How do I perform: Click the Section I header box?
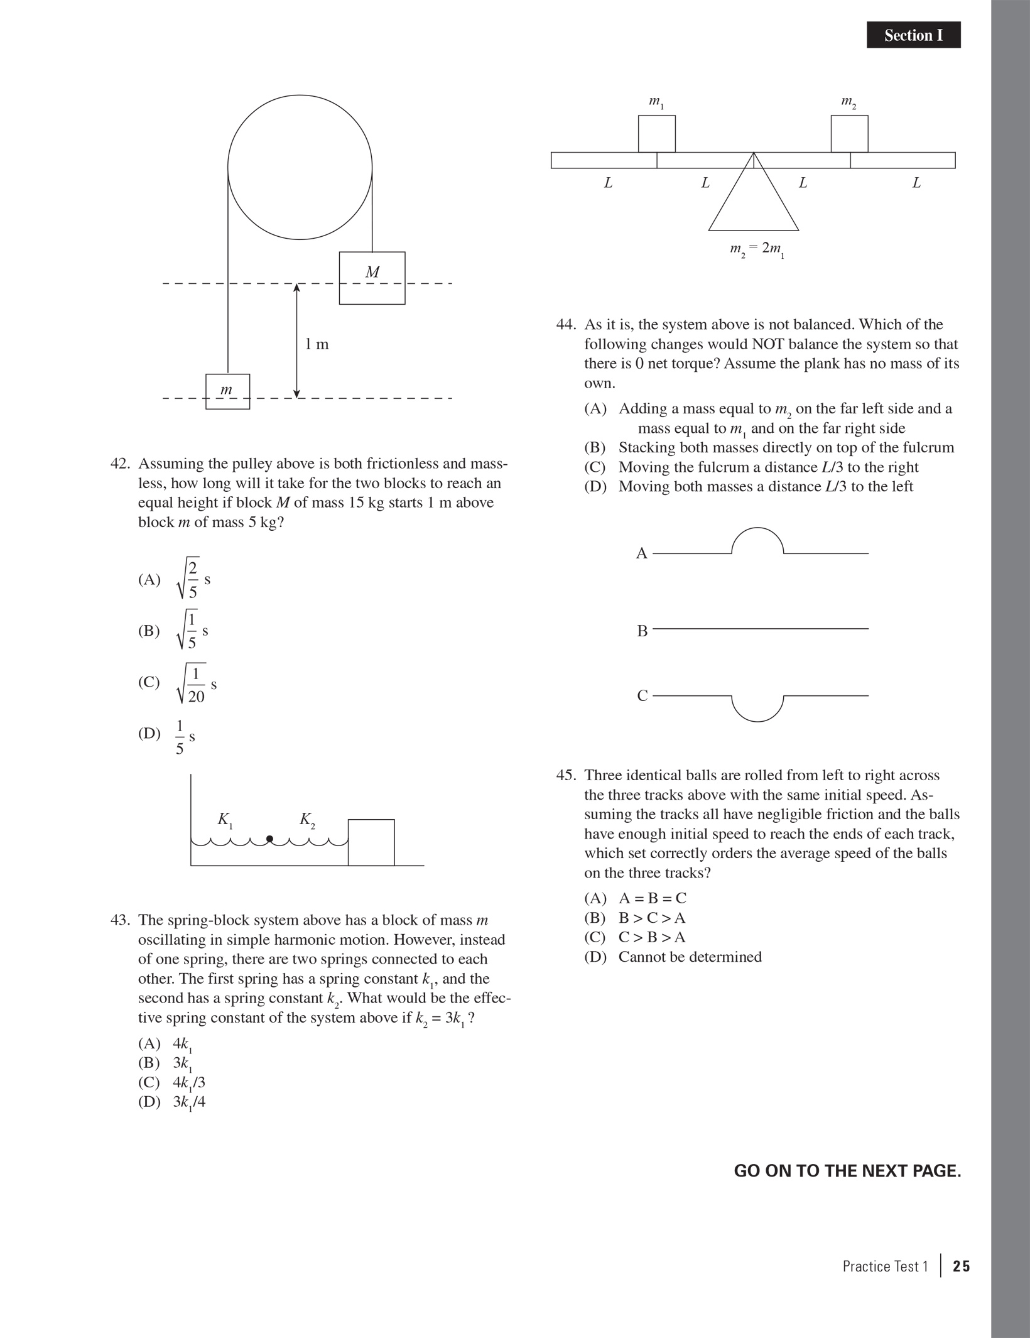click(913, 35)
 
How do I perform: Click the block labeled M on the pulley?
click(372, 278)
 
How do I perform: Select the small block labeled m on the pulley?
click(227, 391)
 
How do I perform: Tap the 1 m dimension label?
click(317, 344)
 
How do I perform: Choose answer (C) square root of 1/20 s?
click(178, 683)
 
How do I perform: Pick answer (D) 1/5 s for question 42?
click(166, 736)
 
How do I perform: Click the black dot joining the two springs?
click(269, 839)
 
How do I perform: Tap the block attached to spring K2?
click(371, 842)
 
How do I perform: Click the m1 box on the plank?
click(656, 133)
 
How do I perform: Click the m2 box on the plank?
click(849, 133)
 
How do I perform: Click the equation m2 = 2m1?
click(757, 249)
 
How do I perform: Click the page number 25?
click(961, 1266)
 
